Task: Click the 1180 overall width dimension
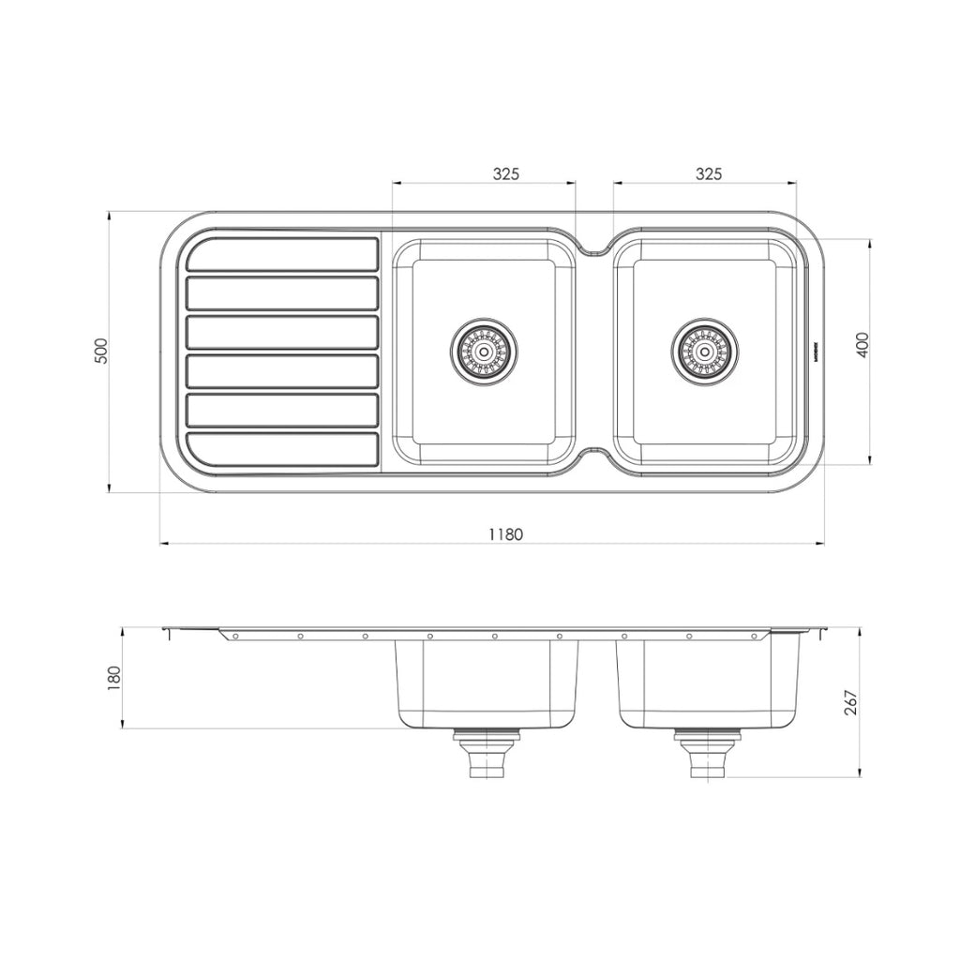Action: pyautogui.click(x=504, y=534)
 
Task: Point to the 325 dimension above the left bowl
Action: pyautogui.click(x=506, y=173)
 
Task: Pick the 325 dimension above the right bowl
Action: pyautogui.click(x=710, y=173)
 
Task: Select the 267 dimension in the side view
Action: pyautogui.click(x=851, y=702)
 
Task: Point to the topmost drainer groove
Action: pyautogui.click(x=281, y=255)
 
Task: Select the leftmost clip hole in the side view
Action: pyautogui.click(x=235, y=637)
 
